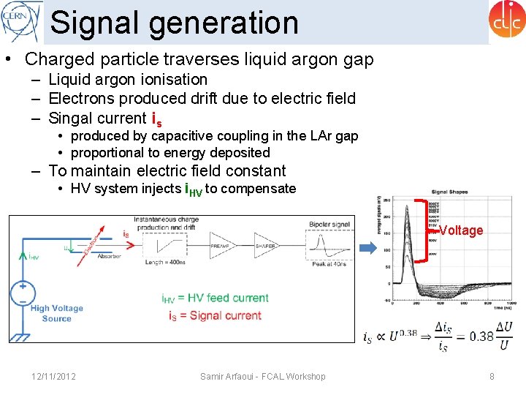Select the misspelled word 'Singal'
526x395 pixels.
click(72, 118)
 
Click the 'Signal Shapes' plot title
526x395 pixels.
click(449, 192)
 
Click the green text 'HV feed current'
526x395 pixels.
click(228, 298)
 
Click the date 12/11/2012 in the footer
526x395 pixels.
click(54, 376)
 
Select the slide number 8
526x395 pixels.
click(492, 376)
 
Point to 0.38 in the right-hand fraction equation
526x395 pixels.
click(481, 336)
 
